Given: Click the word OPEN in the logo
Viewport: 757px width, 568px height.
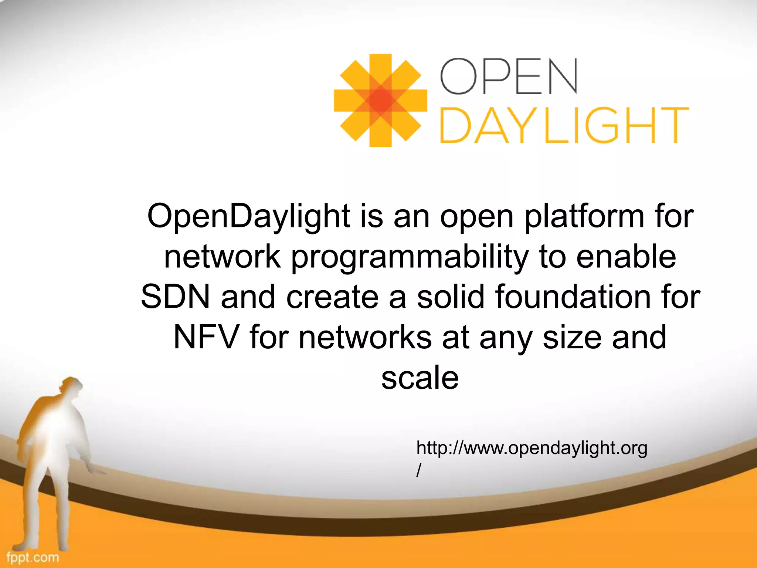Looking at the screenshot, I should (x=509, y=77).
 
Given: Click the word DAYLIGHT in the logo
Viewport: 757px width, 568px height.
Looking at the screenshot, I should (x=564, y=125).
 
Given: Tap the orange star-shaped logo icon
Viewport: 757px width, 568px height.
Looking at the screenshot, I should (x=380, y=100).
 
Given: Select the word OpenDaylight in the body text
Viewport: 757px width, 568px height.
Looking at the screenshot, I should (x=248, y=217).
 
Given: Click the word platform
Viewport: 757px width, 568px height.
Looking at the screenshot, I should (x=584, y=217).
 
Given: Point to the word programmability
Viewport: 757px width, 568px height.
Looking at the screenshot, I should (x=410, y=257).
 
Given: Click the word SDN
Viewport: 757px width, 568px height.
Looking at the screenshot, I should (x=175, y=297).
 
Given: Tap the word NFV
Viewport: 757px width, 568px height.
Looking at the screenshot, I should (x=206, y=337).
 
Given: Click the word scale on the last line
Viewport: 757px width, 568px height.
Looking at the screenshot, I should (x=420, y=378).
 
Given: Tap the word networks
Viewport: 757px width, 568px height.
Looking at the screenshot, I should (x=365, y=337).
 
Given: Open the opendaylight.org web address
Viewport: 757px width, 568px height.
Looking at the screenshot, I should (x=532, y=448).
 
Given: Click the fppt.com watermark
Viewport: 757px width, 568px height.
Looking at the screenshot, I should (x=33, y=557).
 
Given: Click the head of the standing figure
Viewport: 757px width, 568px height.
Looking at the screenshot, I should (x=70, y=386).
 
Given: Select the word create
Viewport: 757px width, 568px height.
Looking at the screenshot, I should (x=332, y=297).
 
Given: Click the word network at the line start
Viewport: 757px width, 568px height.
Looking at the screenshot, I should (x=222, y=257).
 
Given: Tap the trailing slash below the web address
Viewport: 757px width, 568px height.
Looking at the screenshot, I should (x=418, y=470).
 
